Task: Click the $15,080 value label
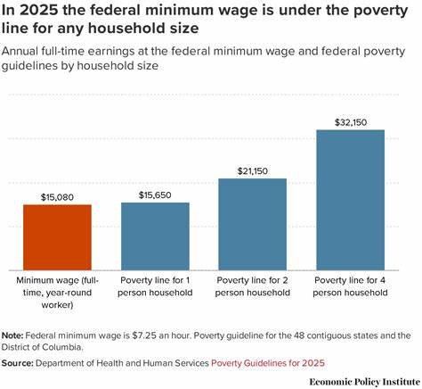point(57,195)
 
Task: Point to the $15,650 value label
point(155,194)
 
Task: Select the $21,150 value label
point(253,170)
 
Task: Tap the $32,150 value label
point(351,120)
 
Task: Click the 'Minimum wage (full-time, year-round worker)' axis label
point(57,292)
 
